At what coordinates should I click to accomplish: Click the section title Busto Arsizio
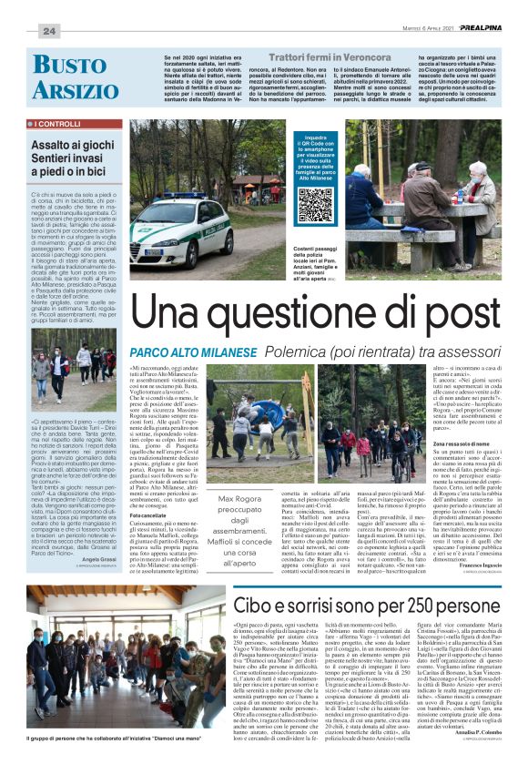pos(69,79)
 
